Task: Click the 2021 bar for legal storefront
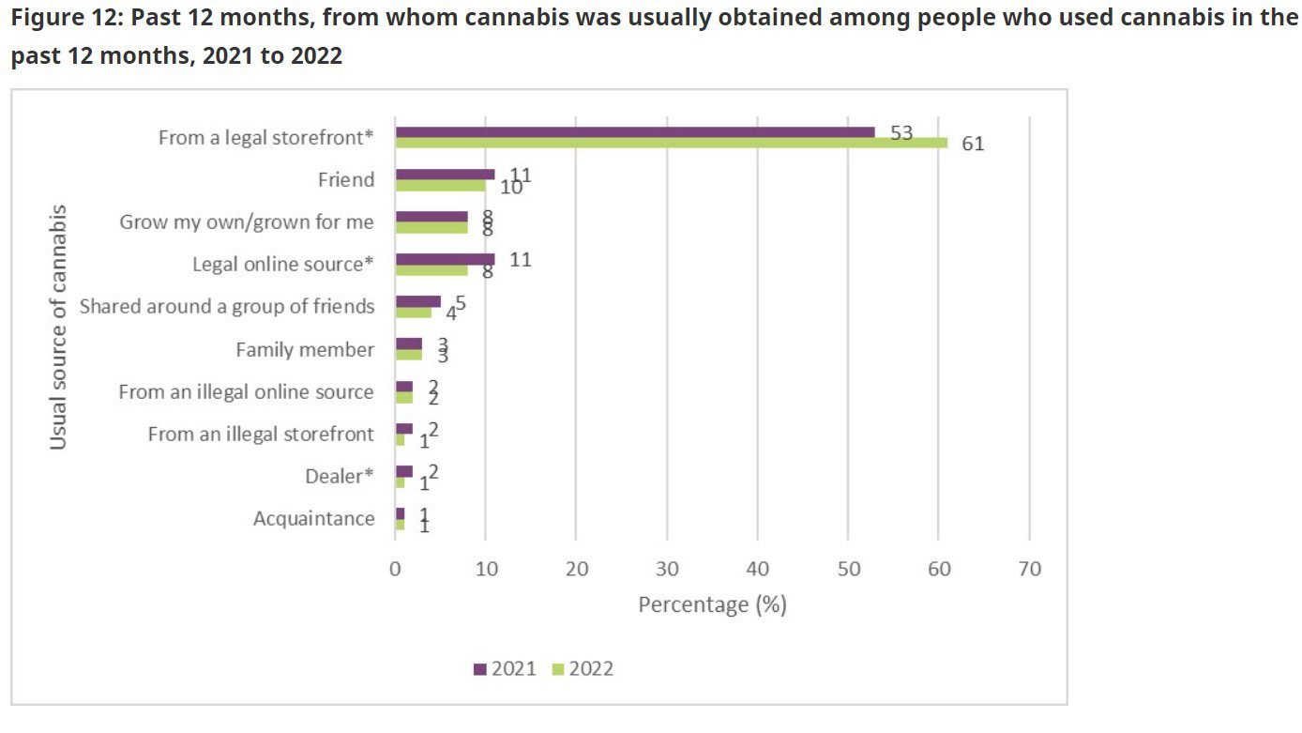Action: [x=635, y=132]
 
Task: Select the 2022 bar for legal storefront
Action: [x=672, y=143]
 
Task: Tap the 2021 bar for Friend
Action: [x=445, y=175]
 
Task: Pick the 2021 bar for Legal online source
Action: [x=445, y=259]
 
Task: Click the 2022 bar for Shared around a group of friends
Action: [x=413, y=312]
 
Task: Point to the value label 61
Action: [x=973, y=145]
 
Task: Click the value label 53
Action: [x=901, y=132]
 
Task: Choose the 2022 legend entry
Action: [x=583, y=668]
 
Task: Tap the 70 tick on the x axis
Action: [x=1029, y=570]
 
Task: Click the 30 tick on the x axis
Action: [x=667, y=570]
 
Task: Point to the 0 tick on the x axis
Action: [x=396, y=570]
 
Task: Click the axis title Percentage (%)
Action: [x=712, y=604]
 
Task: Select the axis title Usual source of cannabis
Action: [x=58, y=327]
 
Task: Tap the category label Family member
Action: [x=305, y=350]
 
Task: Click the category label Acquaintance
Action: [x=313, y=518]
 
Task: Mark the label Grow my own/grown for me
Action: [x=247, y=222]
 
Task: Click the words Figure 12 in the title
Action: [x=61, y=20]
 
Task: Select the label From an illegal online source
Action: [x=246, y=392]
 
